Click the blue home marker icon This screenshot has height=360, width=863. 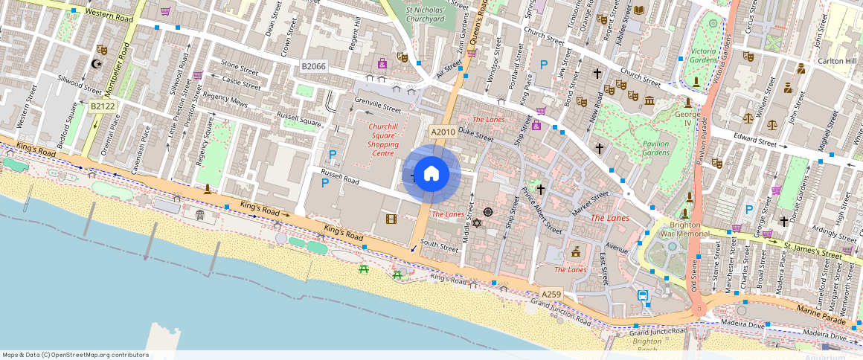pos(431,174)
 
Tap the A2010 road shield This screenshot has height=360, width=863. pos(443,132)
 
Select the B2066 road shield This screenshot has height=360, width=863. pos(313,67)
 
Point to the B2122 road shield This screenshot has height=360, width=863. pos(103,107)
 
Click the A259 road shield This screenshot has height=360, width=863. pos(551,295)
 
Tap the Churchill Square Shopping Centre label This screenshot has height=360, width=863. pos(383,140)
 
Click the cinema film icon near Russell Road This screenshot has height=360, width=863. pos(391,219)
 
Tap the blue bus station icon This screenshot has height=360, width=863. pos(643,295)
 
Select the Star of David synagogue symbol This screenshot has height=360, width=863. pos(478,223)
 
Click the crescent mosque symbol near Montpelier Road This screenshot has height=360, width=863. pos(95,64)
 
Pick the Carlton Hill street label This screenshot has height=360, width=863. pos(838,61)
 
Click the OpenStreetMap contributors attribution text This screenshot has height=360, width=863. pos(75,355)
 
